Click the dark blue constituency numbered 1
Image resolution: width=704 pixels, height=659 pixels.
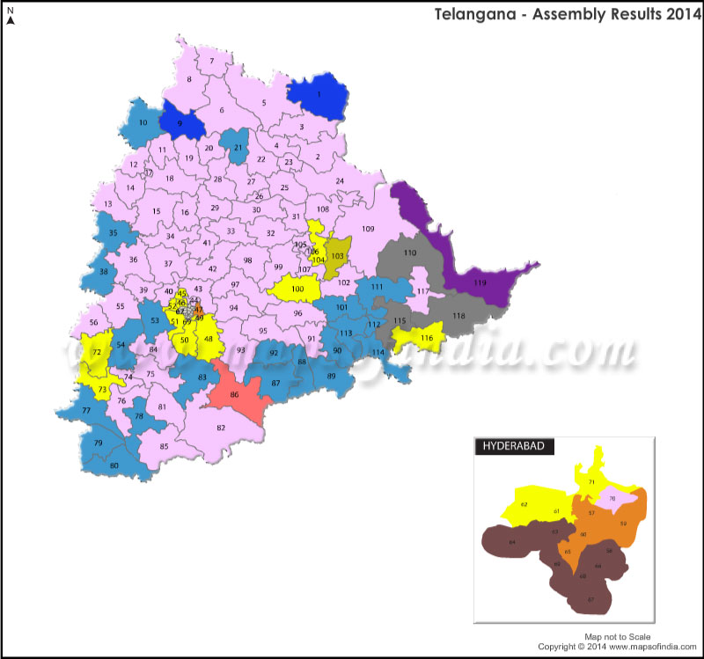[319, 95]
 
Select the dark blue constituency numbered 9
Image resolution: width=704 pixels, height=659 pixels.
[182, 123]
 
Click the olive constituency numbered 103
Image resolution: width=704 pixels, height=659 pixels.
[336, 255]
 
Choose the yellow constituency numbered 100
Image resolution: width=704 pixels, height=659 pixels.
[297, 289]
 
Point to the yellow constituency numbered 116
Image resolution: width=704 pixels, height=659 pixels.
[425, 338]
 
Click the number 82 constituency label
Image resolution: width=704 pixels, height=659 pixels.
[222, 428]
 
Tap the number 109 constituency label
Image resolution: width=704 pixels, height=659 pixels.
[368, 229]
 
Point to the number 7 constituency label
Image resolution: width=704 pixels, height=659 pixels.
[212, 61]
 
